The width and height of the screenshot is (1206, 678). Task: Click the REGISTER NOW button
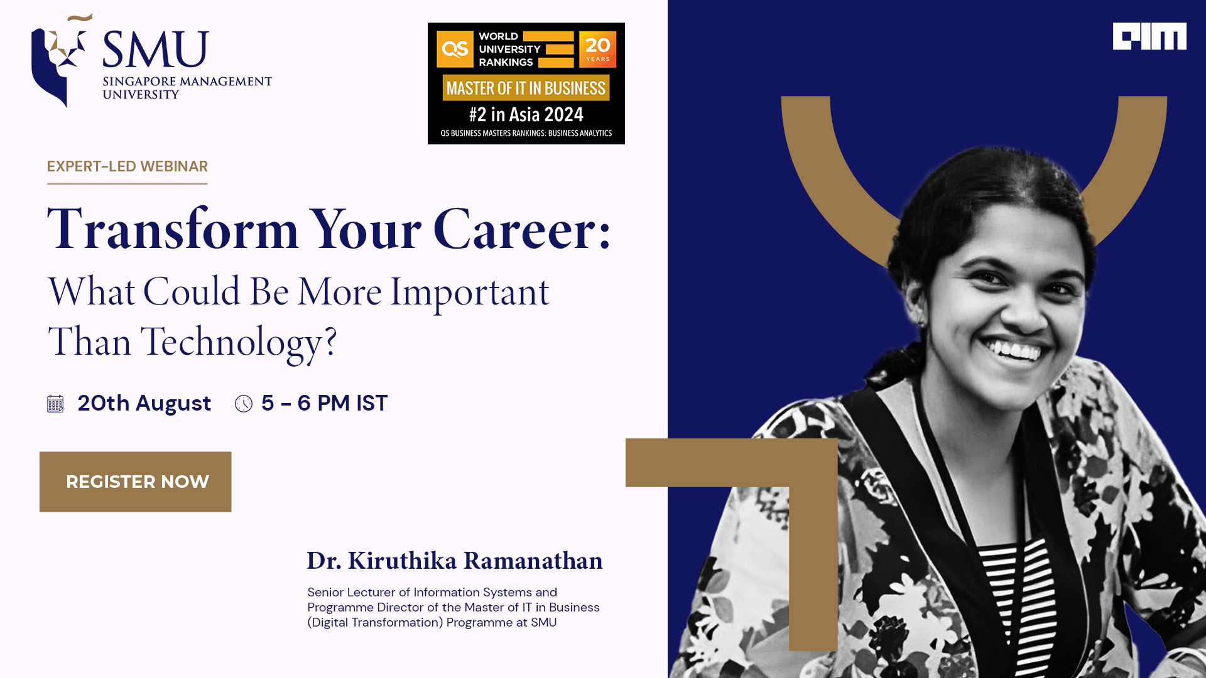point(135,482)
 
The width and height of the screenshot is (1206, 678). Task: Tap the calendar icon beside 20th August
point(55,404)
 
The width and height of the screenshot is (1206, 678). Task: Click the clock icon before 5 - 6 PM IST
point(244,404)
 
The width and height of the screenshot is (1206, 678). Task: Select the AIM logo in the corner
point(1149,36)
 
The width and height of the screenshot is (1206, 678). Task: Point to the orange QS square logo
point(455,49)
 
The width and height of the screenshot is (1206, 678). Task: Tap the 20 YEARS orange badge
point(597,49)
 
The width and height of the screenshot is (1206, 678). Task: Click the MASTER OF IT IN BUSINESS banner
point(526,88)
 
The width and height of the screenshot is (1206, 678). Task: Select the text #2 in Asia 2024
point(526,114)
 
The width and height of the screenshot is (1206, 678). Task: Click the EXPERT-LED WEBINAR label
point(127,166)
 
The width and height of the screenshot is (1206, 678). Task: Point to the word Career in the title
point(522,229)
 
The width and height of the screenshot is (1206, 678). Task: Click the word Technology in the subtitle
point(239,343)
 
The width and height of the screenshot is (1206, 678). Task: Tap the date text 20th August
point(144,403)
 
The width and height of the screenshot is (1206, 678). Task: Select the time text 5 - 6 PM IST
point(324,403)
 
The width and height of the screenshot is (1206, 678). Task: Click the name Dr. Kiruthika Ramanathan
point(454,561)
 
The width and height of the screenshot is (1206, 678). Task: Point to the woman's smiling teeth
point(1014,349)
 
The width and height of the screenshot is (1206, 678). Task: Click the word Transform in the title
point(173,229)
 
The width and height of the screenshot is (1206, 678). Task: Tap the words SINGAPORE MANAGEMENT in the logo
point(187,82)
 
